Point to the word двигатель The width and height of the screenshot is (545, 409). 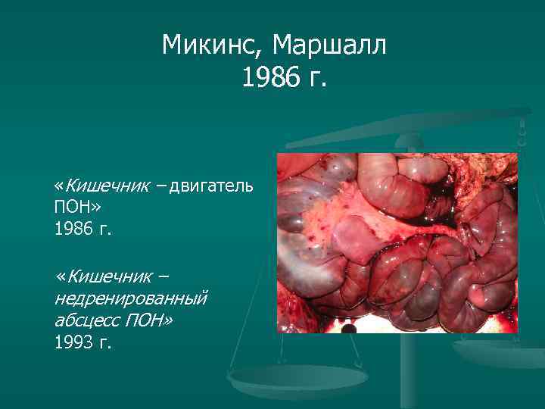click(211, 186)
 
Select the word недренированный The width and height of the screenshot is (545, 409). click(130, 299)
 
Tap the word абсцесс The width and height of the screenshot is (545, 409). click(85, 320)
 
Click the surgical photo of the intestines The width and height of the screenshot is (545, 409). click(397, 242)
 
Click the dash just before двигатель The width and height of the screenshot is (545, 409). click(162, 186)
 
